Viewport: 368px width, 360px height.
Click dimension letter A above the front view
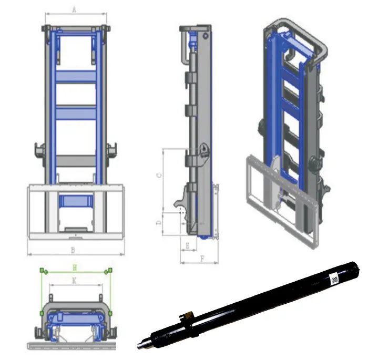pyautogui.click(x=74, y=8)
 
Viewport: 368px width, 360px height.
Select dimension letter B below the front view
pyautogui.click(x=73, y=249)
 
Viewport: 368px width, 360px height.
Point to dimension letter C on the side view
pyautogui.click(x=159, y=176)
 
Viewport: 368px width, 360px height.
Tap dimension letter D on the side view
pyautogui.click(x=159, y=223)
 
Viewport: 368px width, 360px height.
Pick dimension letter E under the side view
pyautogui.click(x=187, y=245)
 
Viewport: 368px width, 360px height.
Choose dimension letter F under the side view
pyautogui.click(x=202, y=258)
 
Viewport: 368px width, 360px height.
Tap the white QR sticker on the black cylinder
pyautogui.click(x=334, y=279)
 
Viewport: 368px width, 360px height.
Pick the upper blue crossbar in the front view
pyautogui.click(x=76, y=77)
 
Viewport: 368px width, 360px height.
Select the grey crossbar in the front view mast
pyautogui.click(x=76, y=160)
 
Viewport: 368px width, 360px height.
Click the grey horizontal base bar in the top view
pyautogui.click(x=74, y=347)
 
